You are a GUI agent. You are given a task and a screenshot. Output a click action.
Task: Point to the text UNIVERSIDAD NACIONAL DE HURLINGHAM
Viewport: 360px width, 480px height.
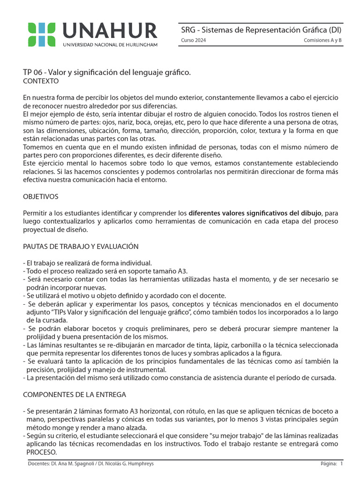click(110, 45)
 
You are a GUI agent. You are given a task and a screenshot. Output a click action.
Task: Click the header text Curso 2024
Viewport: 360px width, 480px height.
click(193, 40)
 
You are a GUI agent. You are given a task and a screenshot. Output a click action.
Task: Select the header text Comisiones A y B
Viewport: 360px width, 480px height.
click(322, 40)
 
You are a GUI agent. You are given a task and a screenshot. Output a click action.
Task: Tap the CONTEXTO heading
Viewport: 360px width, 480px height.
click(41, 81)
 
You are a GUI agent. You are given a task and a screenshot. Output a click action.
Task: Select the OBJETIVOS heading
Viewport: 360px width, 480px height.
click(41, 196)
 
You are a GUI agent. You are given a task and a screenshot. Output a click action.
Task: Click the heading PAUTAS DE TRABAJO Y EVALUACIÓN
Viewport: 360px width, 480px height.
click(81, 246)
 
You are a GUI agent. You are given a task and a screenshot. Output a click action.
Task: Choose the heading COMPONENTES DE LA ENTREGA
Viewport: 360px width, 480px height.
click(75, 395)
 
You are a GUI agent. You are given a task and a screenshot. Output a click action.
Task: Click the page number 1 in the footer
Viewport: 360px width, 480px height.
click(342, 464)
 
